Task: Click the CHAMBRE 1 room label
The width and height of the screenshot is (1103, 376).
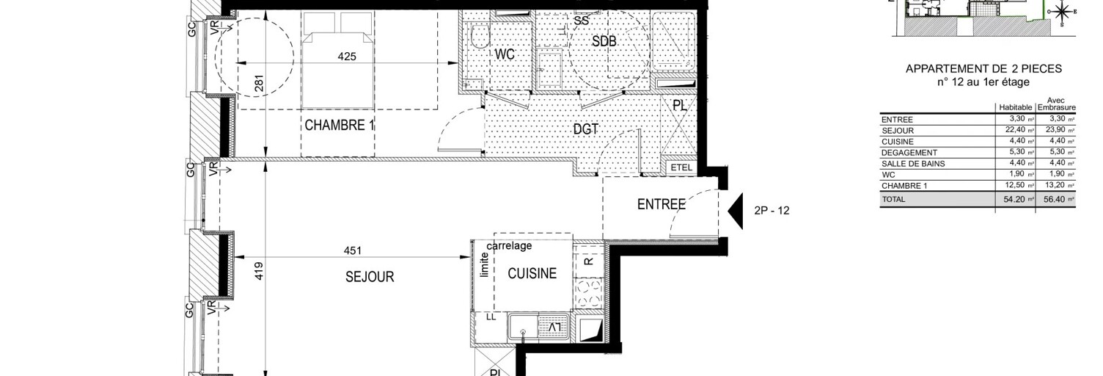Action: click(x=340, y=126)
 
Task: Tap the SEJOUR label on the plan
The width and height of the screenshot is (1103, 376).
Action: click(x=370, y=277)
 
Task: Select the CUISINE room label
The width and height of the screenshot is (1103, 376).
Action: click(x=532, y=274)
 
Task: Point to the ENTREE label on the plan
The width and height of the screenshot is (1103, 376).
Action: click(x=661, y=205)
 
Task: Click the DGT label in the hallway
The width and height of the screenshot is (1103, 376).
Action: click(x=586, y=129)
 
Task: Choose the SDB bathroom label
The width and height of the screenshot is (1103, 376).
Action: click(x=604, y=42)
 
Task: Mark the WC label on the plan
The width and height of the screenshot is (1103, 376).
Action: click(x=505, y=54)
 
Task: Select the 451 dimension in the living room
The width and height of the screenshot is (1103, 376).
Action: click(x=353, y=250)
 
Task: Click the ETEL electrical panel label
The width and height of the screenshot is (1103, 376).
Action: click(x=681, y=168)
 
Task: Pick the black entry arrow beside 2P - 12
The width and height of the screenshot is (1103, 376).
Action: click(x=736, y=210)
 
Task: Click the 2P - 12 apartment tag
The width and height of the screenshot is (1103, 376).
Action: click(x=772, y=211)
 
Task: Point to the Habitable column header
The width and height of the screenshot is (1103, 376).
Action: click(x=1016, y=107)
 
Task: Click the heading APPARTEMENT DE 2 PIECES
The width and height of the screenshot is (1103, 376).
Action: click(x=983, y=69)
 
